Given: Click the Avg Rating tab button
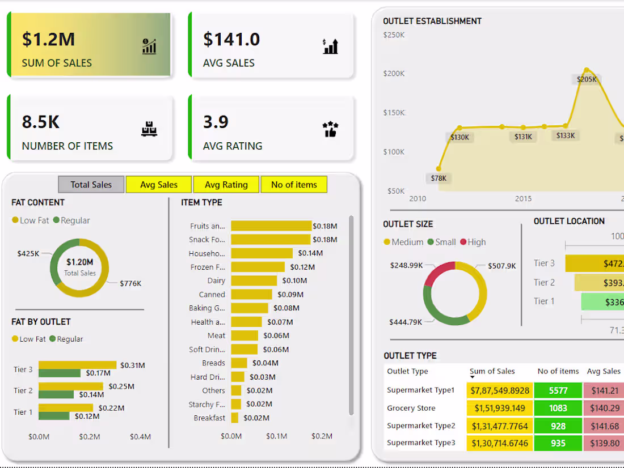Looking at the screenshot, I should [x=226, y=185].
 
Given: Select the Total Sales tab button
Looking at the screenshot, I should [x=91, y=185].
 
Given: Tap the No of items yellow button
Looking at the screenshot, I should [x=294, y=185].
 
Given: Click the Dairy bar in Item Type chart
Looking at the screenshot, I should [x=254, y=280].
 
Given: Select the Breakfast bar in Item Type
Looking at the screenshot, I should [x=235, y=418].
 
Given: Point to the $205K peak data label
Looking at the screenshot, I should [x=587, y=79].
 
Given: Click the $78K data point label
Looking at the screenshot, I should [x=439, y=178].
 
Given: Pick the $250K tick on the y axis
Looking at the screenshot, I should [x=394, y=35].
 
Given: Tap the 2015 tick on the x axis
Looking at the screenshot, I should [x=523, y=199].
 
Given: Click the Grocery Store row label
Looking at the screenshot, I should [x=411, y=408].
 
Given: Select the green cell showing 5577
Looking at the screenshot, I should [x=558, y=390].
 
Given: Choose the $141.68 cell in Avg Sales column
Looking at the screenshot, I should [x=605, y=426].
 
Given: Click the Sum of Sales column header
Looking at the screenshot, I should [x=492, y=371].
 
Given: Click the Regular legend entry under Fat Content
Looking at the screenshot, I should [x=71, y=220].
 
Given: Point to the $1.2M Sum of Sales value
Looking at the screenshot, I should [x=48, y=39].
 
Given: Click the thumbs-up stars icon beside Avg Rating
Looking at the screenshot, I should [x=330, y=129].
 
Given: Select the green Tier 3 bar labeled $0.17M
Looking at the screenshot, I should [x=60, y=373].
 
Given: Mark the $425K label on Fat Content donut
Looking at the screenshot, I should [x=28, y=253].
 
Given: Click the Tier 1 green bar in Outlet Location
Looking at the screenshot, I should [x=602, y=301].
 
